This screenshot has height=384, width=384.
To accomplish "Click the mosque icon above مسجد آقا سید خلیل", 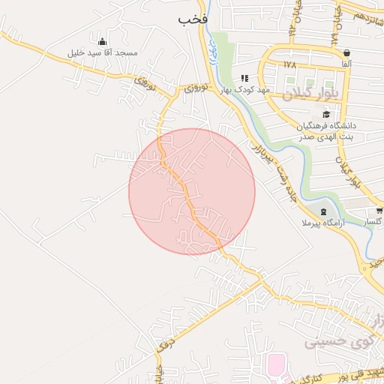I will pos(103,41).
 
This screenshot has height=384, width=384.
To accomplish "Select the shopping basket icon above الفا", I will pos(346,53).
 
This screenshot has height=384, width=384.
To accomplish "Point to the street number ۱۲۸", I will pos(290,65).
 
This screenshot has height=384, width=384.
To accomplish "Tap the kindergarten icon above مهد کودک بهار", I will pos(244,78).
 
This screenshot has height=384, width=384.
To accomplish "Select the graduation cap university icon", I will pos(326,114).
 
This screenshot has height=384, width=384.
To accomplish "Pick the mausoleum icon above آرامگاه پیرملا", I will pos(323,212).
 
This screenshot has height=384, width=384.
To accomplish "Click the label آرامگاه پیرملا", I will pos(322,223).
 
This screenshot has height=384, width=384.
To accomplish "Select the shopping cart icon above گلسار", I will pos(379,211).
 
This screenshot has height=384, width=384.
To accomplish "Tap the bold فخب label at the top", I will pos(192,19).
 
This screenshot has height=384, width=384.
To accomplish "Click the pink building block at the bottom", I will pos(276,365).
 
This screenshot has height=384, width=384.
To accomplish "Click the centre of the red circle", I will pos(192,191).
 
